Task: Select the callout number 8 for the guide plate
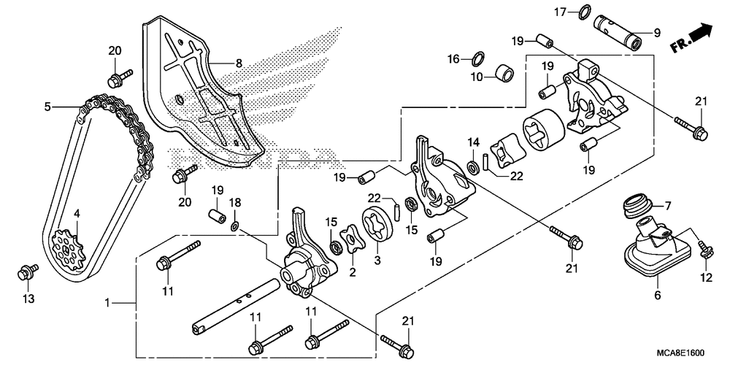(239, 63)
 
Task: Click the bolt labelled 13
(28, 273)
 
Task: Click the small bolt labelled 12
(704, 250)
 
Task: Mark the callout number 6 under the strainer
(657, 295)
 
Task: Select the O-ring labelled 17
(584, 12)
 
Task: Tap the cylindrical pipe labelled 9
(618, 33)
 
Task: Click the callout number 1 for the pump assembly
(107, 303)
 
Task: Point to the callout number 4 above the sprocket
(77, 215)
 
